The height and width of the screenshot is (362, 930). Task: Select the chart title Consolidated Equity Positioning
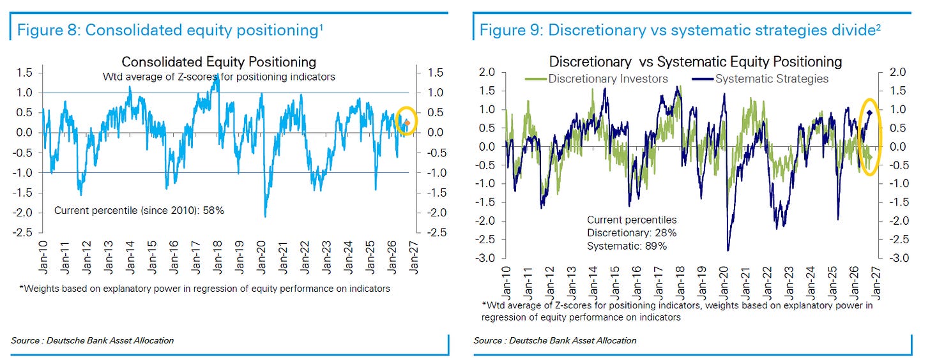pyautogui.click(x=219, y=62)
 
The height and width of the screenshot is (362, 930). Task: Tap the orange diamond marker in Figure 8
pyautogui.click(x=408, y=123)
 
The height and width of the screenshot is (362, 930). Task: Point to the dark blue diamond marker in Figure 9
pyautogui.click(x=869, y=112)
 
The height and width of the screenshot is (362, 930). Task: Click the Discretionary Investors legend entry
pyautogui.click(x=596, y=79)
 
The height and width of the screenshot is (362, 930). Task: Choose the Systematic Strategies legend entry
pyautogui.click(x=760, y=79)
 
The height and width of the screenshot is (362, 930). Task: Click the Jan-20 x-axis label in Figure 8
pyautogui.click(x=261, y=257)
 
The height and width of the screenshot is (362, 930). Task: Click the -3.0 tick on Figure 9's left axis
pyautogui.click(x=485, y=258)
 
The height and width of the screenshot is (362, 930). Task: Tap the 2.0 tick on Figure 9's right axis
pyautogui.click(x=897, y=72)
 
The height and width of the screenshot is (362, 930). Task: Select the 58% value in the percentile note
pyautogui.click(x=213, y=211)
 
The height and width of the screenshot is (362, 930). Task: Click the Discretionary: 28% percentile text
pyautogui.click(x=632, y=233)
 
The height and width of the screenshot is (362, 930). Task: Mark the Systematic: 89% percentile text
pyautogui.click(x=627, y=246)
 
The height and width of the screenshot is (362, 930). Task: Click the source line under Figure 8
pyautogui.click(x=92, y=340)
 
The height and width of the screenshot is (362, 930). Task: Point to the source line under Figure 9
pyautogui.click(x=554, y=340)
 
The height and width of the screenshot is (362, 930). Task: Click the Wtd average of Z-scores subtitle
pyautogui.click(x=219, y=77)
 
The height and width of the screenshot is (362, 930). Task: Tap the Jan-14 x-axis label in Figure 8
pyautogui.click(x=130, y=257)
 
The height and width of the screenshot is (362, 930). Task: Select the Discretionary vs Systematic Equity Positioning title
pyautogui.click(x=696, y=62)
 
